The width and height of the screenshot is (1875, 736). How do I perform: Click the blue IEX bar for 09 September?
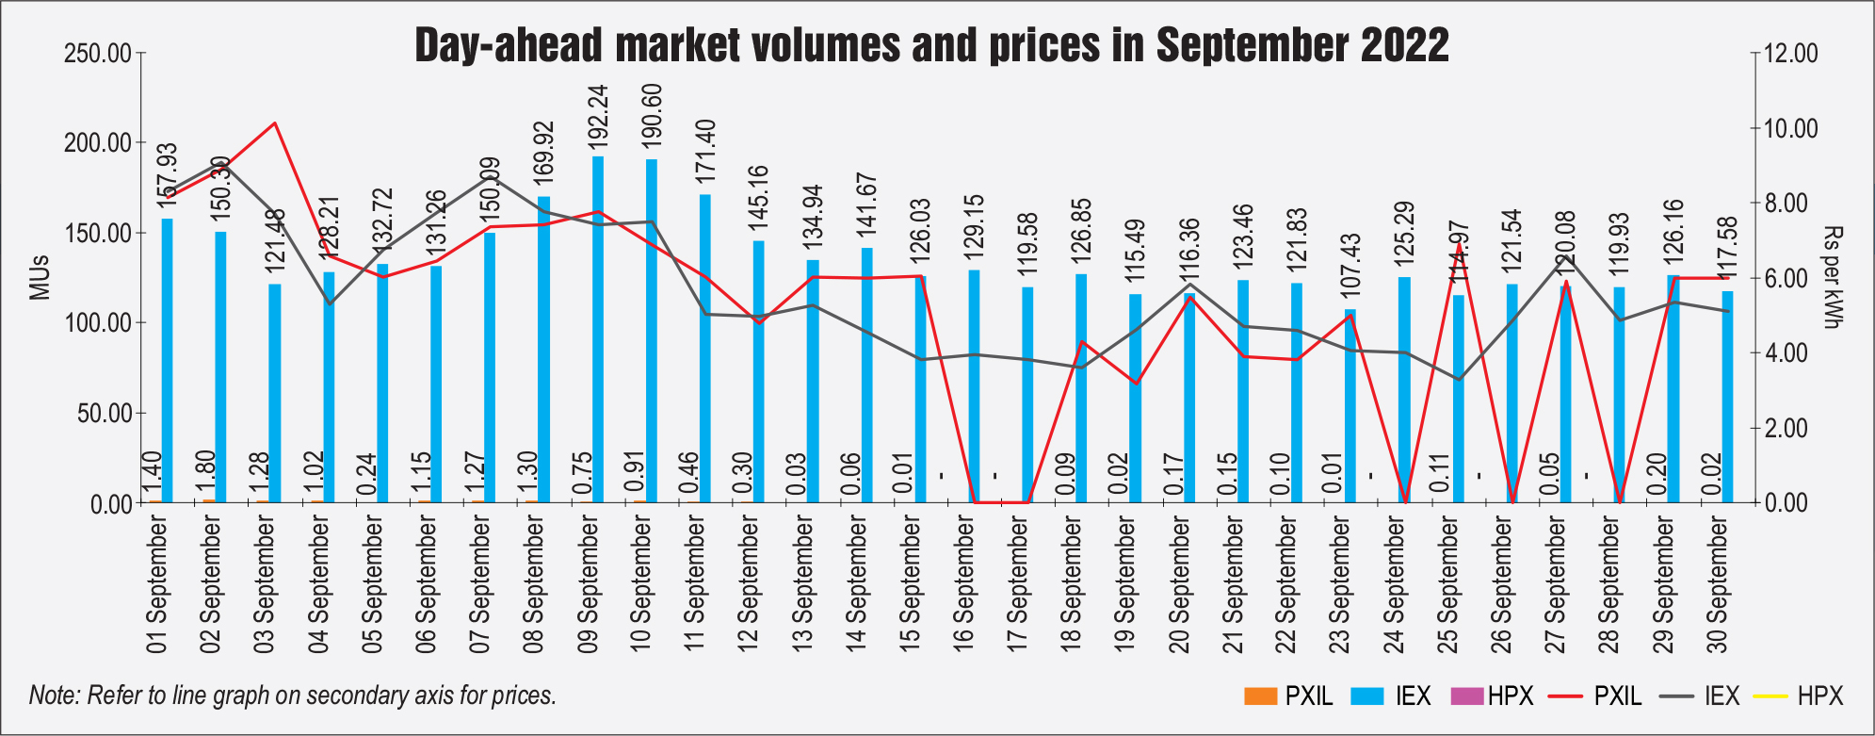click(x=598, y=330)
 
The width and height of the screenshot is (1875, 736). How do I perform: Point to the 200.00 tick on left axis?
click(x=98, y=143)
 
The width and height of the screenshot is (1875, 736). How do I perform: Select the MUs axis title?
click(x=39, y=277)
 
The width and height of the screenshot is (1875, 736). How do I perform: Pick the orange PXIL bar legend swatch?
click(x=1260, y=696)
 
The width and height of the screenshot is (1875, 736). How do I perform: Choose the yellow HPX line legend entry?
click(x=1771, y=696)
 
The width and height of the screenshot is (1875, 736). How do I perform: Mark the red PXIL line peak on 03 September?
click(x=274, y=123)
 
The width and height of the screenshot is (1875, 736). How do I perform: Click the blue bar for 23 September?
click(x=1350, y=406)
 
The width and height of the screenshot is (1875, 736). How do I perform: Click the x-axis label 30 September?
click(x=1718, y=585)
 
